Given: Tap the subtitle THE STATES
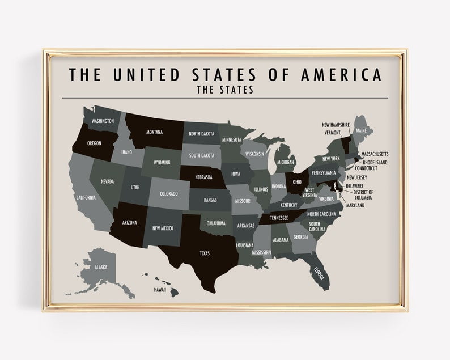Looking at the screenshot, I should (x=224, y=90).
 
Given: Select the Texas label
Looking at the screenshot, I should (x=205, y=253).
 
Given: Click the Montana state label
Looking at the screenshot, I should (x=154, y=133).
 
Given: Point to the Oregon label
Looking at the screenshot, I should (x=94, y=143).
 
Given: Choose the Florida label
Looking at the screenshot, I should (x=319, y=274).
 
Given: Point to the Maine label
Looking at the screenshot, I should (x=361, y=131).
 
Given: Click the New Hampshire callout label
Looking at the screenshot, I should (x=335, y=125).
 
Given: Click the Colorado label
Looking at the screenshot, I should (x=168, y=193).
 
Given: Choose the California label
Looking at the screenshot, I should (x=86, y=198).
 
